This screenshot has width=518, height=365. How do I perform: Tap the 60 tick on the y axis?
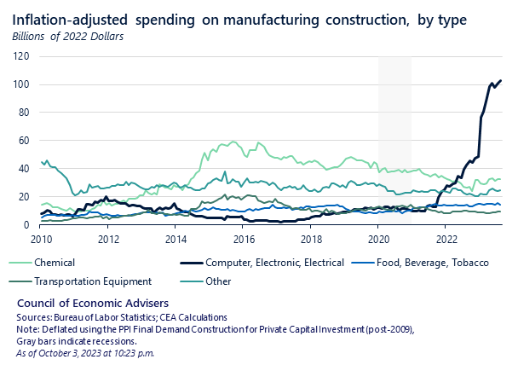tap(25, 141)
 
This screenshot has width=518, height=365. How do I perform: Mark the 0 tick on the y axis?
tap(27, 224)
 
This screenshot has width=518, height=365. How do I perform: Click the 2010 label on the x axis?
tap(41, 240)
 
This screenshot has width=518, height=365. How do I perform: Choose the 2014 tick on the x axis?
tap(176, 240)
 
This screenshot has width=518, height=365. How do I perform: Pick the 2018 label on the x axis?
tap(312, 240)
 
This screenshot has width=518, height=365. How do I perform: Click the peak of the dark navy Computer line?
tap(500, 81)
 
